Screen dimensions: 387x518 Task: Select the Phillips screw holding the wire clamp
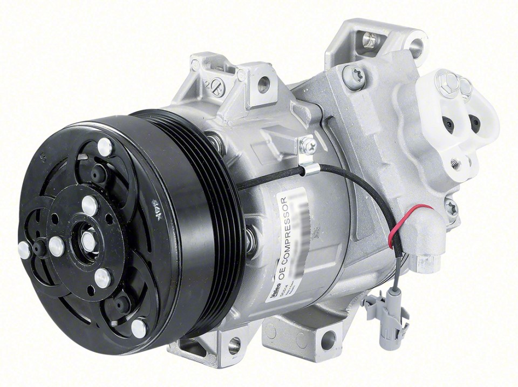click(x=309, y=145)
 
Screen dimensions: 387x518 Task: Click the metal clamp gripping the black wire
click(x=306, y=169)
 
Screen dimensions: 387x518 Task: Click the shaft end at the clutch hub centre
click(x=88, y=242)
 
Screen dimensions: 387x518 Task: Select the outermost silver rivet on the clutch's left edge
click(x=24, y=249)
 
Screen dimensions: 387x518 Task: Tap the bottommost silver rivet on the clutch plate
click(x=139, y=327)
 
